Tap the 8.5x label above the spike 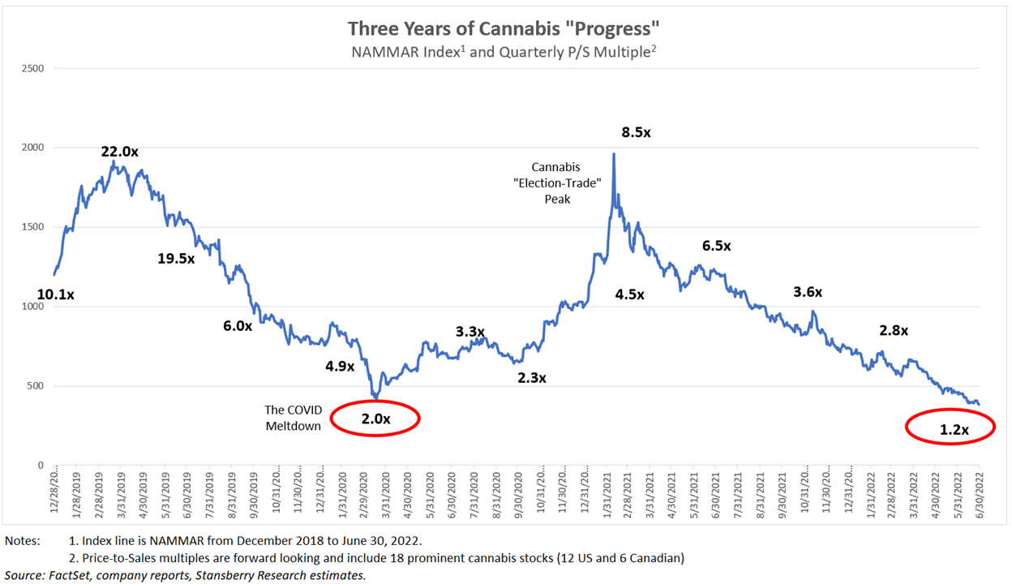click(x=636, y=132)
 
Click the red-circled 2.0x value click(x=375, y=419)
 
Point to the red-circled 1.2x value click(x=954, y=430)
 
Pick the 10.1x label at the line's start click(x=56, y=294)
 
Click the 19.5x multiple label click(x=176, y=258)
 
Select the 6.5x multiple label click(x=716, y=246)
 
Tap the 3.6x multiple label click(x=808, y=292)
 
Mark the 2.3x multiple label click(x=532, y=377)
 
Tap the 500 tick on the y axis click(x=36, y=386)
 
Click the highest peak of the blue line click(x=613, y=154)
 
